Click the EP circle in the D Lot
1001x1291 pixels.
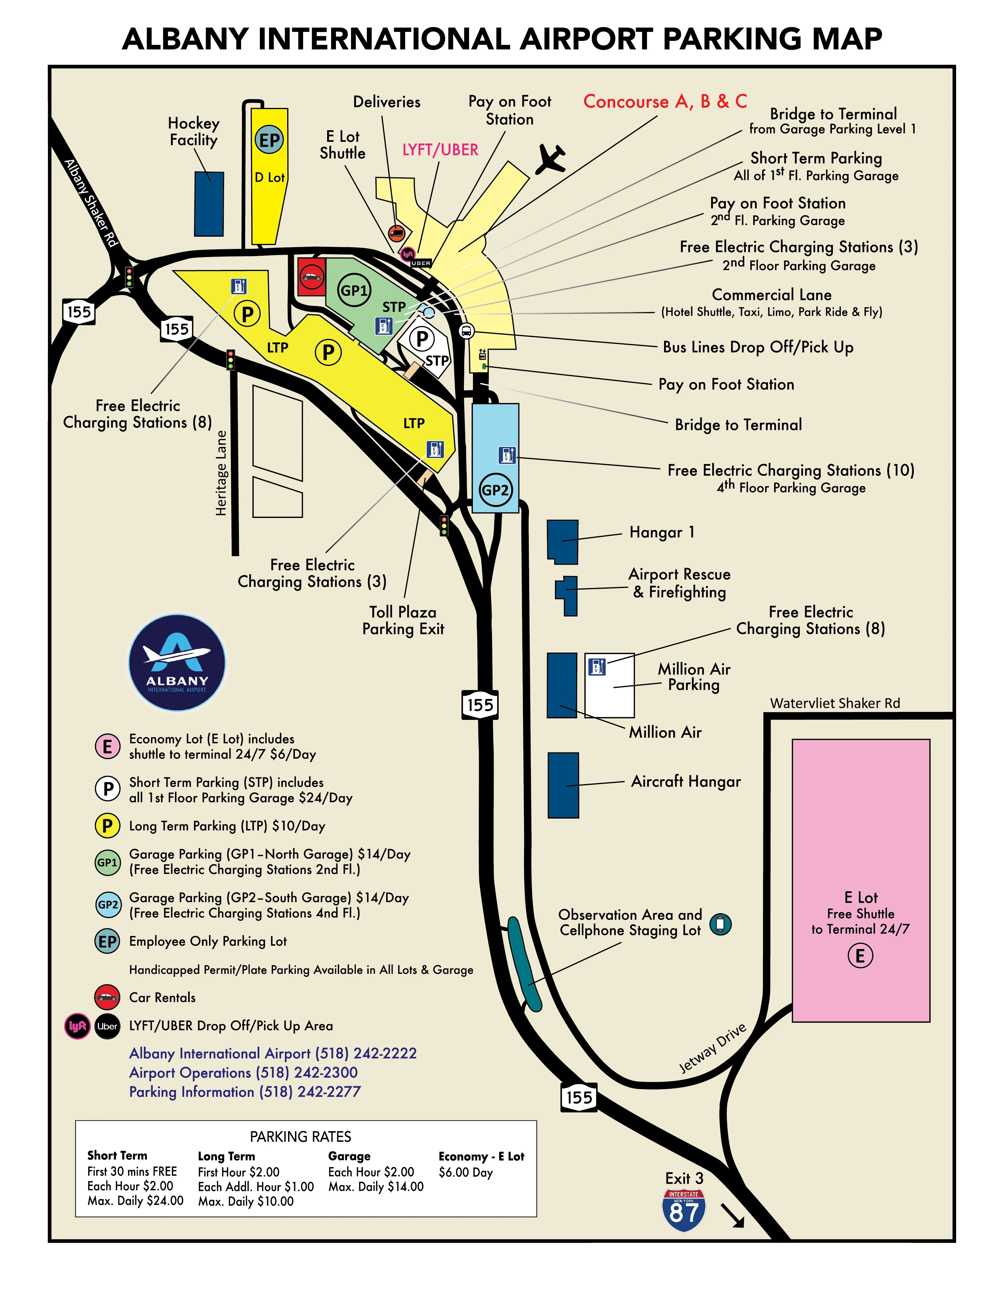[x=270, y=140]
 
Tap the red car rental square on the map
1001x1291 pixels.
[x=311, y=276]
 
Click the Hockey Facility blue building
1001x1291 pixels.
[x=209, y=204]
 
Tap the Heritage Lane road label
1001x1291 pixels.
[x=221, y=473]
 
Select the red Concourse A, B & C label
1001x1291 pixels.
[x=665, y=102]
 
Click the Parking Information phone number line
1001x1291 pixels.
[x=245, y=1092]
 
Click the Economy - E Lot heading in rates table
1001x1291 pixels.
[x=481, y=1157]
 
